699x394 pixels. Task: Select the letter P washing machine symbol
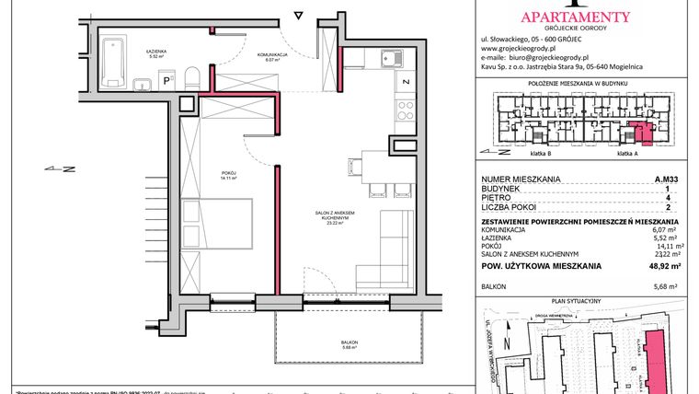[x=167, y=81]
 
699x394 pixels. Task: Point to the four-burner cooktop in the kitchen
[x=405, y=112]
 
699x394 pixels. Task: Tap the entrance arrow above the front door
[x=297, y=16]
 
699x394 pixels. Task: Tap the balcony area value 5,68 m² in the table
[x=667, y=285]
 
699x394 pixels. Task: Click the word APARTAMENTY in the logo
[x=575, y=15]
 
